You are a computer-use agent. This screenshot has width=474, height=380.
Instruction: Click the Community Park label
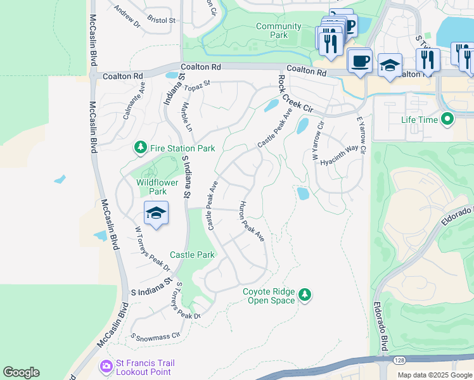[x=279, y=30]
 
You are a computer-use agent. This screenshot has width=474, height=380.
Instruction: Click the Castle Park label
[x=192, y=255]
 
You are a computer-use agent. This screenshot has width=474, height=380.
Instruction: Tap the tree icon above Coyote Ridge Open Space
[x=305, y=294]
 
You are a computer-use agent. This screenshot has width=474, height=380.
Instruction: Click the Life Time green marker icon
[x=447, y=119]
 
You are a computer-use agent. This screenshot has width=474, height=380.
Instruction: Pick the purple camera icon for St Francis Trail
[x=106, y=367]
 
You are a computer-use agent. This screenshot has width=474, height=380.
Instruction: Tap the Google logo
[x=21, y=372]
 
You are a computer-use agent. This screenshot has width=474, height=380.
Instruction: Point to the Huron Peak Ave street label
[x=252, y=222]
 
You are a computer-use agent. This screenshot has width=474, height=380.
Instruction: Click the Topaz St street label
[x=197, y=83]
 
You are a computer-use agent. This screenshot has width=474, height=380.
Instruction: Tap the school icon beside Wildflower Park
[x=156, y=213]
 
